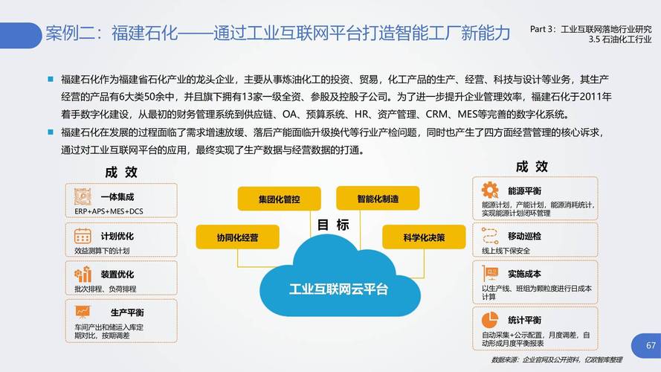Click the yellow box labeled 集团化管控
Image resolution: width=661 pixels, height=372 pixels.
279,199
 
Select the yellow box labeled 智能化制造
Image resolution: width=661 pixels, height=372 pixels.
378,199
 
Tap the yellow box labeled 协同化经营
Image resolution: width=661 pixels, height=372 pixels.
237,237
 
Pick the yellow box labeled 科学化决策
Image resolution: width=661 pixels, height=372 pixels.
423,237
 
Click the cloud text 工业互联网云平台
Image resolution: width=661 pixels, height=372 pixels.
338,288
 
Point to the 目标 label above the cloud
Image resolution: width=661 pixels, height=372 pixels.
332,225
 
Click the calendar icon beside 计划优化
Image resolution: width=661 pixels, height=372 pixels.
83,237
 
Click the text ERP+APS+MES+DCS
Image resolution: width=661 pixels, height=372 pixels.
109,211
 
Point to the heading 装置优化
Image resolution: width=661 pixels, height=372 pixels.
117,274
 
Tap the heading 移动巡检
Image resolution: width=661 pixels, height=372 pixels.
524,236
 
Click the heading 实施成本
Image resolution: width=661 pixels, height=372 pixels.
524,274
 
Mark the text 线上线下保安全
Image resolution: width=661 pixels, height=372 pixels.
510,250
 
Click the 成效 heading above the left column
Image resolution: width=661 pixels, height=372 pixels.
121,172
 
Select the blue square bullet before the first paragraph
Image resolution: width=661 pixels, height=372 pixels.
51,78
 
